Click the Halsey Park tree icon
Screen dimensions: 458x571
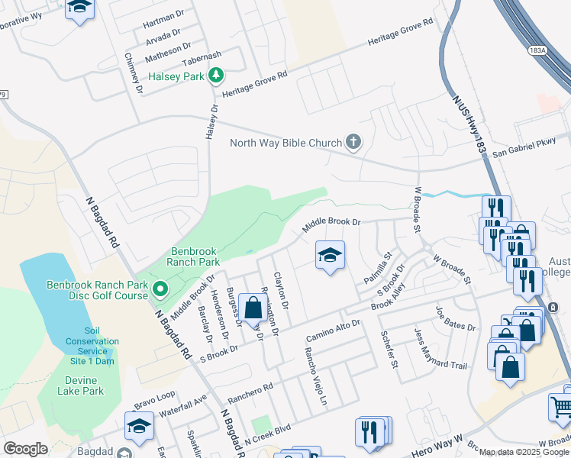pos(217,74)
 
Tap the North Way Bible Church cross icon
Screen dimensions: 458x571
pos(353,141)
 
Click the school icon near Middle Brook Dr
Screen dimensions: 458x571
pos(330,256)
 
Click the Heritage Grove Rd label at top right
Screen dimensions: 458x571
pos(399,32)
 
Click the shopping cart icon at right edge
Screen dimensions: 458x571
pos(561,407)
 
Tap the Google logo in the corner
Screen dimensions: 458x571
pos(25,449)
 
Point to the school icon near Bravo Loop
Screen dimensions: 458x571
pos(139,426)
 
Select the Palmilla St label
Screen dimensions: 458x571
pos(377,268)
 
